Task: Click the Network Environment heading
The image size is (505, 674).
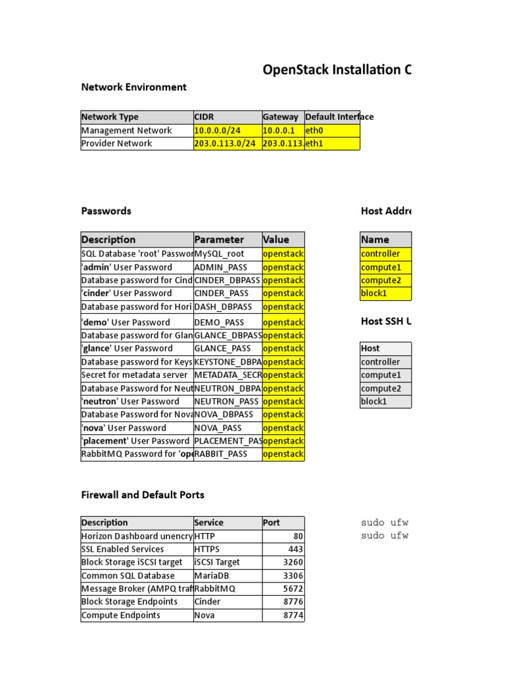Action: click(133, 87)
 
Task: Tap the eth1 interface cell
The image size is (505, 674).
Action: click(332, 143)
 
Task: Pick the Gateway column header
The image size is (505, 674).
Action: click(281, 117)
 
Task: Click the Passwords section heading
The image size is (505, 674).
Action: click(106, 211)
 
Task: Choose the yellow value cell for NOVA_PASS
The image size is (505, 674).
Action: click(283, 428)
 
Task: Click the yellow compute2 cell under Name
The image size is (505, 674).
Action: click(385, 280)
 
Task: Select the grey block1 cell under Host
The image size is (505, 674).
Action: click(385, 402)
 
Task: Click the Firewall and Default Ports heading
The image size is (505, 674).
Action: click(143, 494)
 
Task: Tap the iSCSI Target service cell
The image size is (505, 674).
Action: click(228, 562)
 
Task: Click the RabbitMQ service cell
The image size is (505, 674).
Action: click(228, 588)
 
